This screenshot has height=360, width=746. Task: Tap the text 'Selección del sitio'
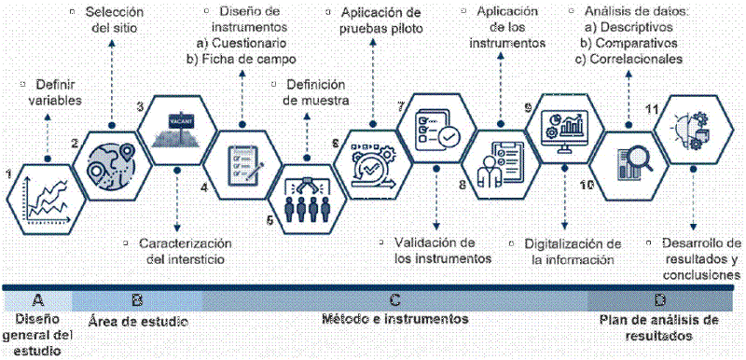coord(115,21)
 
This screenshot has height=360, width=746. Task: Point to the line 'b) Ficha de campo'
coord(236,59)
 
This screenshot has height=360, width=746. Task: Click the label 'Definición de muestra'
coord(313,91)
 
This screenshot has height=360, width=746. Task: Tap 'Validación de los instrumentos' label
coord(435,251)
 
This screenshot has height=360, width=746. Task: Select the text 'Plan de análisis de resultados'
coord(659,326)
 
